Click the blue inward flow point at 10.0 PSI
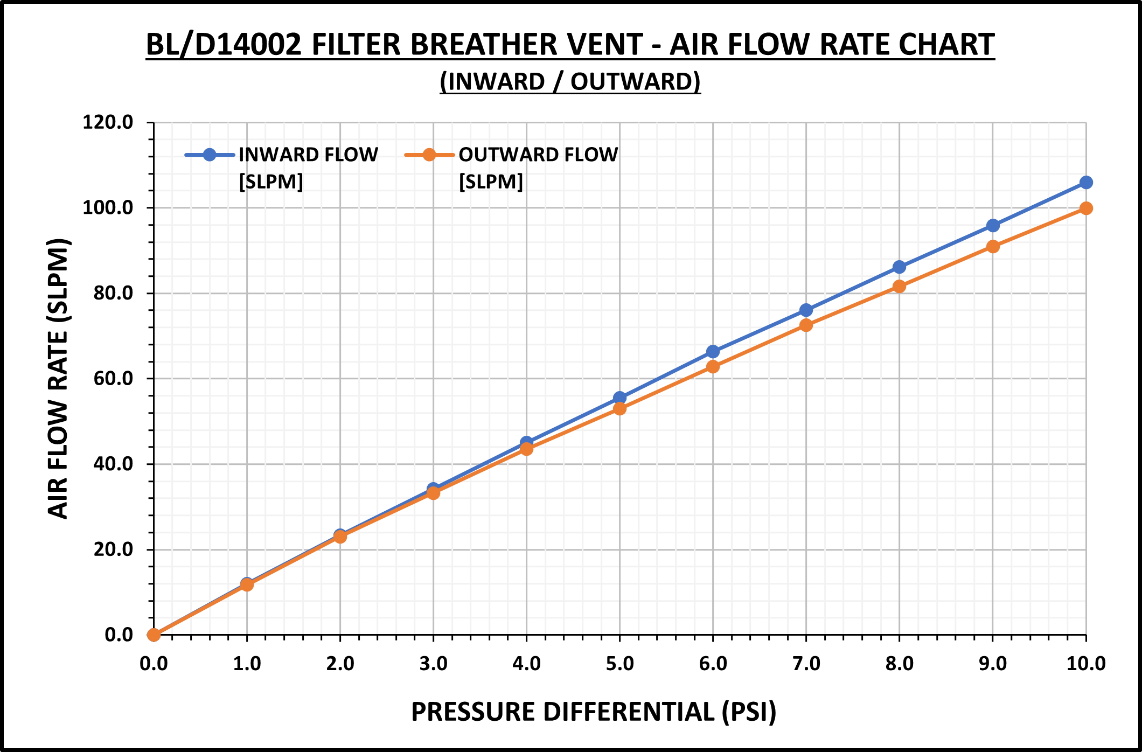point(1086,183)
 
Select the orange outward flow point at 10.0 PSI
point(1086,208)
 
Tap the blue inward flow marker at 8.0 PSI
point(899,267)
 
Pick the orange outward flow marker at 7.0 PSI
point(806,325)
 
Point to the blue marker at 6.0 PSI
point(713,352)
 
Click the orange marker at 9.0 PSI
point(993,247)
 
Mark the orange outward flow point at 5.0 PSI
point(619,409)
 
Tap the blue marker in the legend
point(210,155)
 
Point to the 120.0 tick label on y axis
point(108,122)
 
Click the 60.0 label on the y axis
point(113,378)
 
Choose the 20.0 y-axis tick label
point(113,549)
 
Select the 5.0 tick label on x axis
point(619,664)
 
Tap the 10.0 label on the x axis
point(1086,664)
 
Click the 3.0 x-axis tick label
point(433,664)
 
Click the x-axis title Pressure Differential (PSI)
point(594,712)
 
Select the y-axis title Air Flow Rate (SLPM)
point(58,378)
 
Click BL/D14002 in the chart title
point(224,45)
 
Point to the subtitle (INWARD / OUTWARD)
point(570,82)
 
